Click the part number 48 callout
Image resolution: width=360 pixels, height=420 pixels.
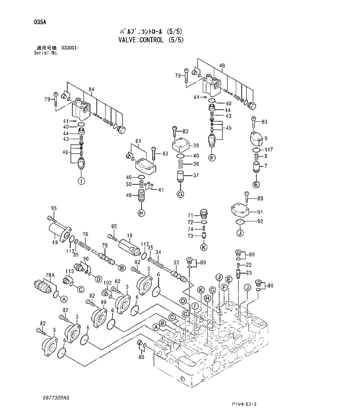pyautogui.click(x=222, y=66)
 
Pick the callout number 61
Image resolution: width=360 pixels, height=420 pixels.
pyautogui.click(x=139, y=141)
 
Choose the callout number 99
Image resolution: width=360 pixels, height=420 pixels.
pyautogui.click(x=103, y=302)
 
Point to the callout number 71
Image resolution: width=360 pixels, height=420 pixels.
pyautogui.click(x=189, y=215)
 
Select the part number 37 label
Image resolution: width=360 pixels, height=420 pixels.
pyautogui.click(x=196, y=176)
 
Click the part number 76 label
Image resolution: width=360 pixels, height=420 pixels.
pyautogui.click(x=85, y=234)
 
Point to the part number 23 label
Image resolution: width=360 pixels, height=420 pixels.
pyautogui.click(x=249, y=272)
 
